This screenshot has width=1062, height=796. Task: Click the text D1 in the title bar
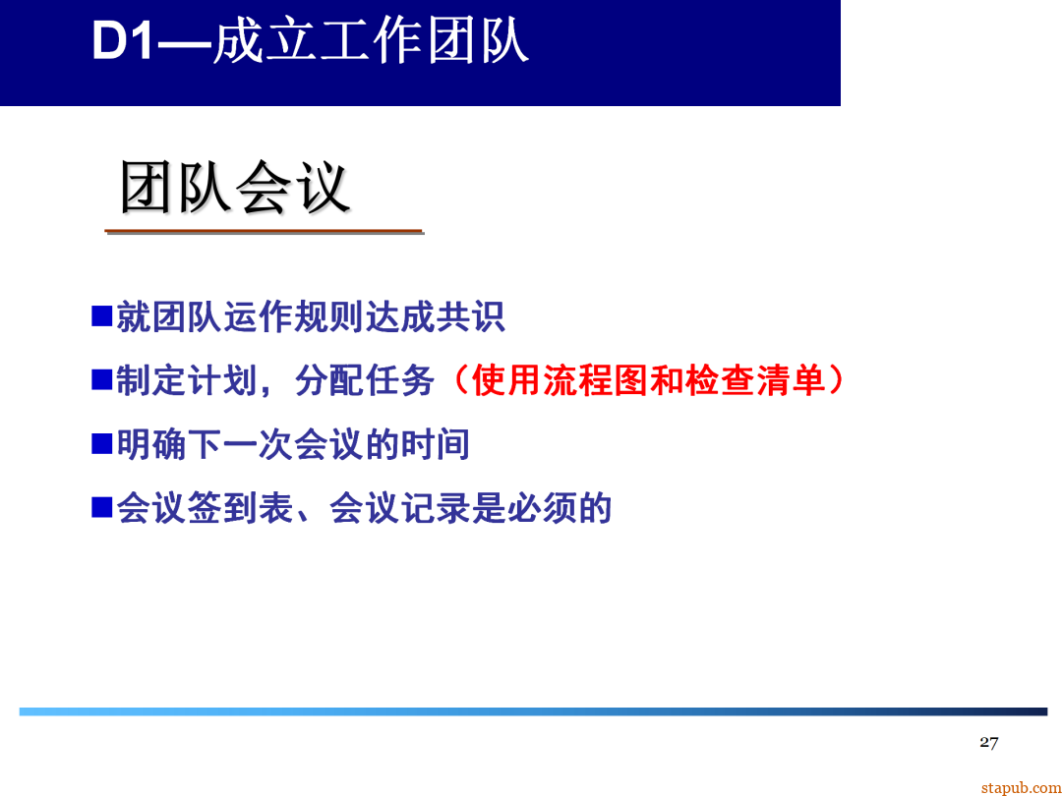coord(123,42)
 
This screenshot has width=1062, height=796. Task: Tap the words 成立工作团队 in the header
coord(371,42)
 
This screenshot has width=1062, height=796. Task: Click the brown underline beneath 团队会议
coord(264,232)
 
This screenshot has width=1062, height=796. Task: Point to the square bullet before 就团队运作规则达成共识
coord(102,315)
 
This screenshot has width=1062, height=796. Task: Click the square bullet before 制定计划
coord(102,379)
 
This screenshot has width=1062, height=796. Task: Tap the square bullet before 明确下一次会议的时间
coord(102,444)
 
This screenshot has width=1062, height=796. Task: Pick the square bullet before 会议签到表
coord(102,508)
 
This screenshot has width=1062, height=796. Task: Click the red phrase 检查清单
coord(756,380)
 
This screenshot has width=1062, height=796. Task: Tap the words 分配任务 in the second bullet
coord(365,380)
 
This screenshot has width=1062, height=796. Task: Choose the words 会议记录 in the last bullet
coord(400,508)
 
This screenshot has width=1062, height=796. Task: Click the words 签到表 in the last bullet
coord(223,508)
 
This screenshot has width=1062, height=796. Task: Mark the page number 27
coord(988,742)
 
